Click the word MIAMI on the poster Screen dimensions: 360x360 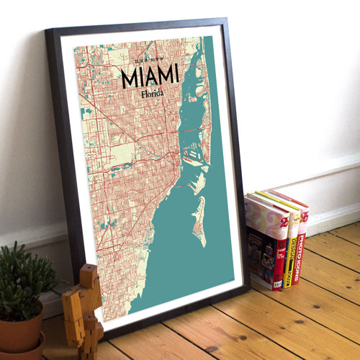[150, 75]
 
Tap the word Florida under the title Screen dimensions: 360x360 [153, 94]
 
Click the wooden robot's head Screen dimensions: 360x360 [87, 276]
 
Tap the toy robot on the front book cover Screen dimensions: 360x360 [257, 248]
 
